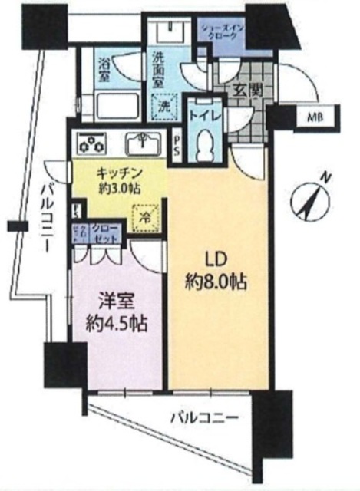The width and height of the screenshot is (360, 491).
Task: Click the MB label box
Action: pos(315,117)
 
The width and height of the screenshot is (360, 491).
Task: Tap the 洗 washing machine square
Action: pos(164,104)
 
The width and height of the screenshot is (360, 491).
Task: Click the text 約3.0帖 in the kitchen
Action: pos(119,187)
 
